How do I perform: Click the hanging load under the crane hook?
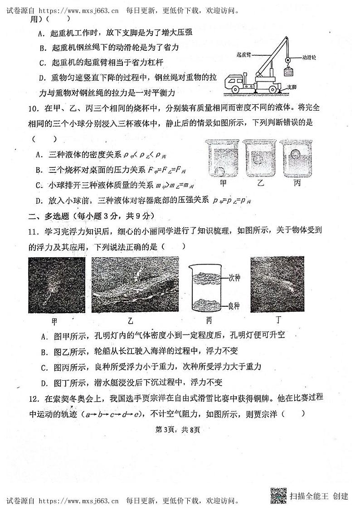click(x=287, y=72)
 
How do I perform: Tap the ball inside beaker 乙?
click(x=258, y=160)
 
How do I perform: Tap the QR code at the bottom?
click(x=278, y=495)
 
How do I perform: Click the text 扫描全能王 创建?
click(x=319, y=496)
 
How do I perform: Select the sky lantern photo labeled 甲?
click(x=56, y=285)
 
